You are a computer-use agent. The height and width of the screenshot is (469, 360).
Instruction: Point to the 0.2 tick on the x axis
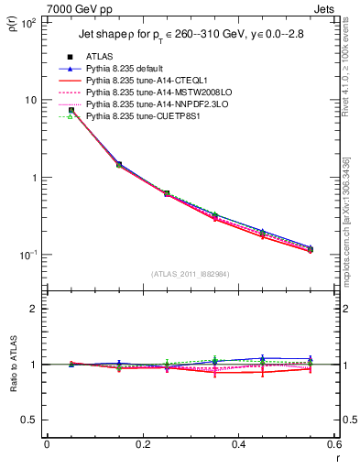coord(143,444)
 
